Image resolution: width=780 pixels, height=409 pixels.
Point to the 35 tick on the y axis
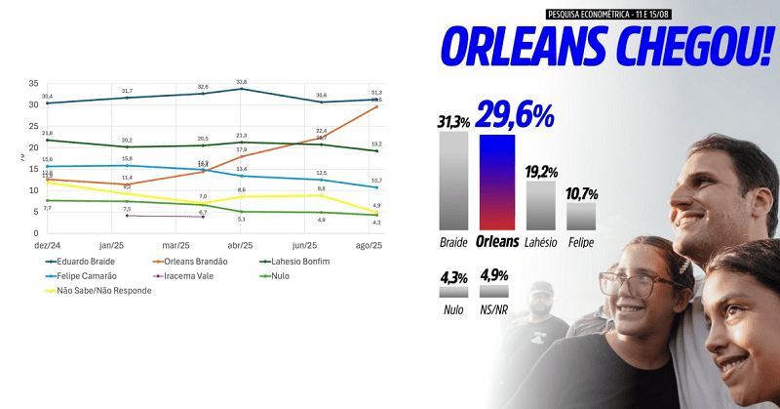click(x=33, y=84)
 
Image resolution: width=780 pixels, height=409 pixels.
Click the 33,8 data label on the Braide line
click(x=241, y=82)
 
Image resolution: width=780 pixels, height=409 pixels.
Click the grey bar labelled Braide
click(x=453, y=180)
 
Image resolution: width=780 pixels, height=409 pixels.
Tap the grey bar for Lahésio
click(x=540, y=204)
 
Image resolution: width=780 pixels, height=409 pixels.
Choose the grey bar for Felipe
click(x=581, y=216)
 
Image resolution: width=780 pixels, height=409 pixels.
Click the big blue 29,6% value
click(x=516, y=115)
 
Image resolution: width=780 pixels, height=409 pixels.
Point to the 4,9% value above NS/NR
click(x=495, y=276)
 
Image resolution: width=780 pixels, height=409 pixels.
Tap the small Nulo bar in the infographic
click(x=453, y=291)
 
